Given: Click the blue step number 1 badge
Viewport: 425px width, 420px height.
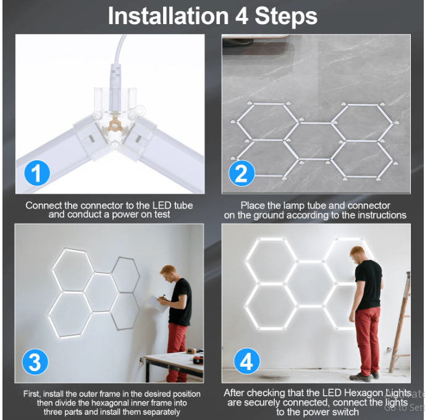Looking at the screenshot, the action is tap(37, 173).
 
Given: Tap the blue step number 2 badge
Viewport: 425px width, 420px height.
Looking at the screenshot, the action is tap(242, 173).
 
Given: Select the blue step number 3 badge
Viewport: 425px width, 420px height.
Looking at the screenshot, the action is tap(35, 362).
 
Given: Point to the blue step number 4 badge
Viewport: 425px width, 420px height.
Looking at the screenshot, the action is tap(246, 361).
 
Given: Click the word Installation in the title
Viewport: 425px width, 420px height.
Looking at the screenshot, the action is tap(168, 15).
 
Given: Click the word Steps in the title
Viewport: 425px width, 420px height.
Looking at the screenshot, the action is tap(286, 17).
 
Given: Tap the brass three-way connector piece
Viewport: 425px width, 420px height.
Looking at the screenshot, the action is tap(115, 126).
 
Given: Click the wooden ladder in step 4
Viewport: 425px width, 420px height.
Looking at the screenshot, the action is tap(401, 320).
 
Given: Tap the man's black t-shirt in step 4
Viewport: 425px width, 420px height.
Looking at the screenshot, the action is tap(369, 285).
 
